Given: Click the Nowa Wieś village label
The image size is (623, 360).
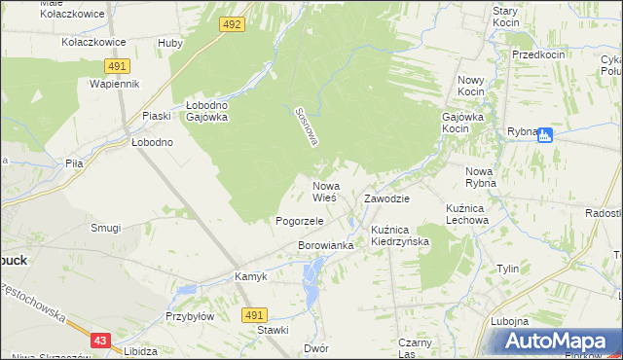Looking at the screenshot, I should [x=324, y=191].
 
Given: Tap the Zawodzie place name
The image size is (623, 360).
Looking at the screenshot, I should [x=386, y=198].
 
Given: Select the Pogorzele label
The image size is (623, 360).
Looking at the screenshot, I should [x=299, y=221].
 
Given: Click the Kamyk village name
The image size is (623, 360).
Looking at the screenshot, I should [x=251, y=276].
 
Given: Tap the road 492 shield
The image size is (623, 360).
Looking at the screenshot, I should [x=231, y=24].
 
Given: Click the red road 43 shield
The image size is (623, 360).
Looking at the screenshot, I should [x=101, y=340].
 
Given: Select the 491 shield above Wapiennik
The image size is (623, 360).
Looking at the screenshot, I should [x=117, y=65].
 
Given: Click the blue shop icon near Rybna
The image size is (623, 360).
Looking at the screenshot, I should [x=545, y=135].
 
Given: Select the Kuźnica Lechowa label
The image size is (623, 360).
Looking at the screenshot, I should [x=466, y=214].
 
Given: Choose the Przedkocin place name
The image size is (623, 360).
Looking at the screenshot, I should [x=538, y=55].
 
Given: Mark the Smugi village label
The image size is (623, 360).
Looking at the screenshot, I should [x=105, y=228].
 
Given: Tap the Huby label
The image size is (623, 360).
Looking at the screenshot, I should [x=170, y=43].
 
